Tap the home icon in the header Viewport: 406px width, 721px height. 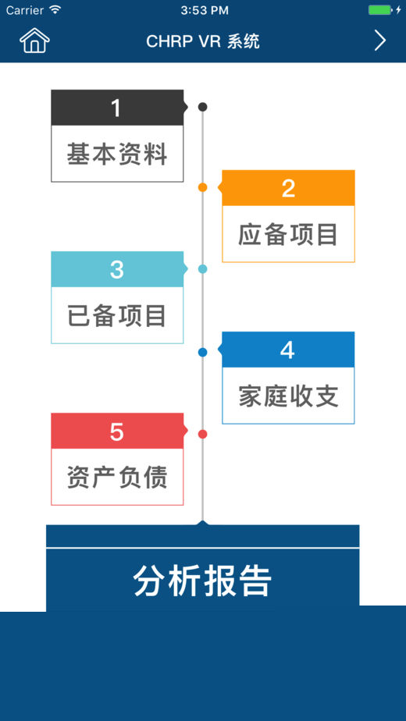tap(34, 41)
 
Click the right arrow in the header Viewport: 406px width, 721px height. tap(379, 41)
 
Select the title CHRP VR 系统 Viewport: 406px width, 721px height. tap(202, 41)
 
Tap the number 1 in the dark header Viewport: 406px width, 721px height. tap(116, 108)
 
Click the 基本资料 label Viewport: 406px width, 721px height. tap(117, 154)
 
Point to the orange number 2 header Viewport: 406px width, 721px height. tap(288, 188)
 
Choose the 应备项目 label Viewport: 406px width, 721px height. tap(288, 235)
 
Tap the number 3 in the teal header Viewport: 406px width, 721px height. tap(117, 269)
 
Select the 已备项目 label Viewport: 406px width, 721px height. tap(117, 316)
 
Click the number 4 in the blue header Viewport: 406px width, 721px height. tap(287, 350)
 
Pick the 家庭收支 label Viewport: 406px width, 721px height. tap(289, 396)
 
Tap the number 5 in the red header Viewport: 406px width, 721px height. tap(117, 432)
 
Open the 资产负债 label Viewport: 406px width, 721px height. tap(117, 477)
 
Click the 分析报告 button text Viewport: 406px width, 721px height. tap(202, 581)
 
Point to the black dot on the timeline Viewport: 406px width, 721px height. tap(202, 107)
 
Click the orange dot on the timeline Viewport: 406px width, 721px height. tap(202, 187)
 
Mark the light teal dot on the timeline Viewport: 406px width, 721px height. tap(202, 269)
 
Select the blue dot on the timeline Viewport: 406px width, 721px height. tap(202, 352)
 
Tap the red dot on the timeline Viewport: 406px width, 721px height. tap(202, 434)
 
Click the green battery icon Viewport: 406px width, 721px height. tap(381, 10)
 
